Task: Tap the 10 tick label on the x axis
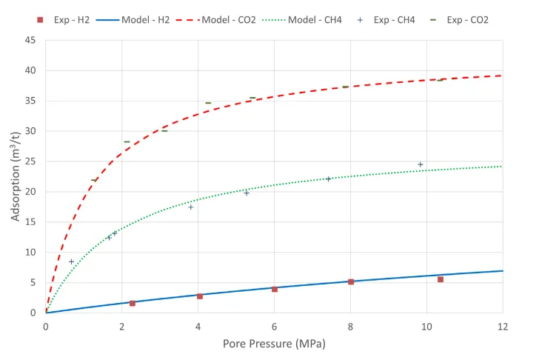[x=426, y=326]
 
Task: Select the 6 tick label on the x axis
[x=274, y=326]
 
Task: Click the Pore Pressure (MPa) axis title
[x=274, y=344]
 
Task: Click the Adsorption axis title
[x=15, y=176]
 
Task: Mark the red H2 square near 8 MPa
[x=351, y=281]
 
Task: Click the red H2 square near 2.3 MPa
[x=133, y=303]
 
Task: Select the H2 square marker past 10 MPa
[x=441, y=279]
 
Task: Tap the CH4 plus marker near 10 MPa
[x=421, y=164]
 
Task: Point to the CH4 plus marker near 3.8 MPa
[x=191, y=207]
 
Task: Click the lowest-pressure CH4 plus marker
[x=72, y=261]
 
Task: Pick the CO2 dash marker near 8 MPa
[x=345, y=87]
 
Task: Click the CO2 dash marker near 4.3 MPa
[x=208, y=103]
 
